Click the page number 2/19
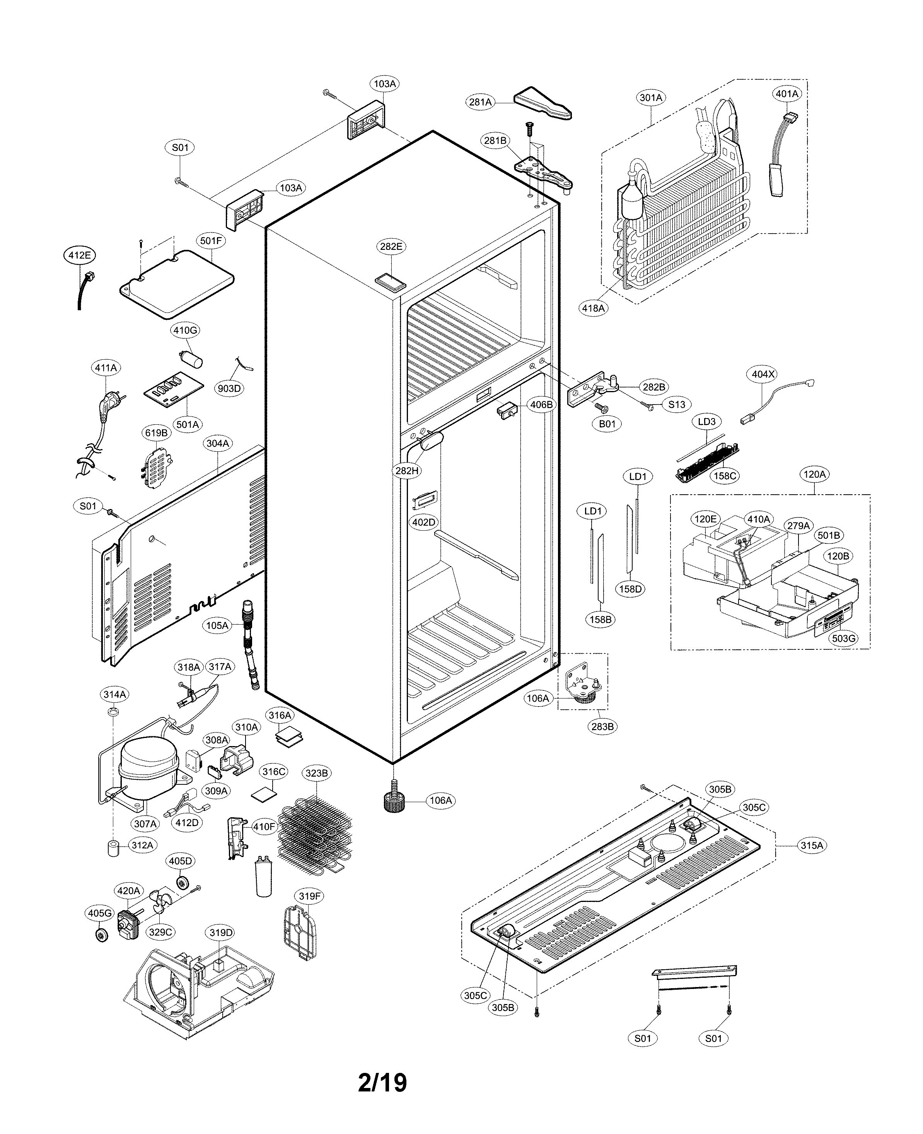pos(382,1083)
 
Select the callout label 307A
pos(145,824)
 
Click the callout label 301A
pos(651,97)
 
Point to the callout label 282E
pos(391,246)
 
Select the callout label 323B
pos(316,773)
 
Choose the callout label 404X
pos(763,374)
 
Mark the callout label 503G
pos(843,638)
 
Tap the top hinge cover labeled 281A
pos(542,103)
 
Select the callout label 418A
pos(593,308)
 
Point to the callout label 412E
pos(79,255)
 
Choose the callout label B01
pos(607,424)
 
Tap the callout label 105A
pos(217,625)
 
